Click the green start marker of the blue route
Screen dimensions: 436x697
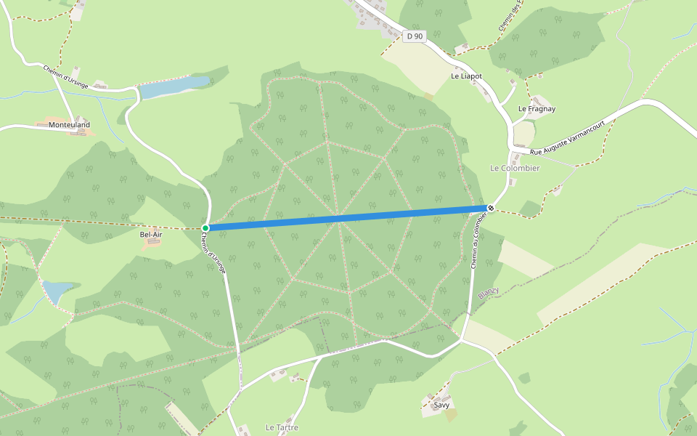click(205, 228)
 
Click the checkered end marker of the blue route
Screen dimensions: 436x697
click(491, 209)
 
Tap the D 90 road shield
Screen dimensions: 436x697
click(415, 36)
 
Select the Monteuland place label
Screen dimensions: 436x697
click(69, 125)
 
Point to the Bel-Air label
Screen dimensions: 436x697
click(150, 235)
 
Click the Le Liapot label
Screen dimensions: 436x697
click(466, 76)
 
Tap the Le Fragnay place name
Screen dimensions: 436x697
click(537, 109)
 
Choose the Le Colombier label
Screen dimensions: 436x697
click(515, 168)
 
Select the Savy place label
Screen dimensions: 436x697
click(441, 405)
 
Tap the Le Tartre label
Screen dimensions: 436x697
click(282, 427)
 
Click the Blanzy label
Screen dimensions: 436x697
click(489, 291)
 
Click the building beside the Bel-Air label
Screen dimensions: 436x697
click(152, 243)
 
